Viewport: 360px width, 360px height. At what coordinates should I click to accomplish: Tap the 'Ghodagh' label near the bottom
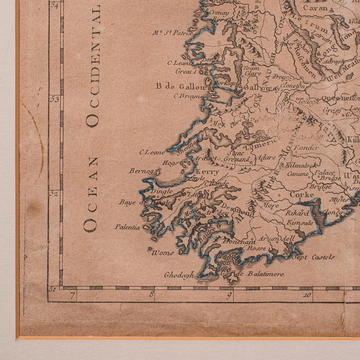click(178, 275)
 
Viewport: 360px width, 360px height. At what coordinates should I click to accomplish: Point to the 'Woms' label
click(163, 252)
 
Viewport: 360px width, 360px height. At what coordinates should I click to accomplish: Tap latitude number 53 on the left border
click(55, 100)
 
